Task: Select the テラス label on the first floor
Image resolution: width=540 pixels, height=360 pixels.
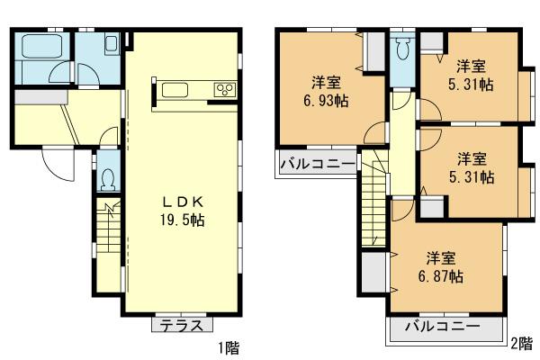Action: click(x=183, y=327)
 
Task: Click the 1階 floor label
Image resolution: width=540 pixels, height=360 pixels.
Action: click(x=229, y=346)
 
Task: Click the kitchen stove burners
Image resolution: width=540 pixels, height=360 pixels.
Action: click(x=223, y=89)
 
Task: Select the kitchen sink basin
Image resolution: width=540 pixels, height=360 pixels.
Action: click(x=174, y=89)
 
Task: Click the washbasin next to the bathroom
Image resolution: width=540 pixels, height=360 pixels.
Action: click(x=111, y=45)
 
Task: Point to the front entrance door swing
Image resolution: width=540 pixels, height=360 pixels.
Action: click(x=56, y=163)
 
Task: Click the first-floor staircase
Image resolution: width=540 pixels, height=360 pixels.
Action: click(x=107, y=236)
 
